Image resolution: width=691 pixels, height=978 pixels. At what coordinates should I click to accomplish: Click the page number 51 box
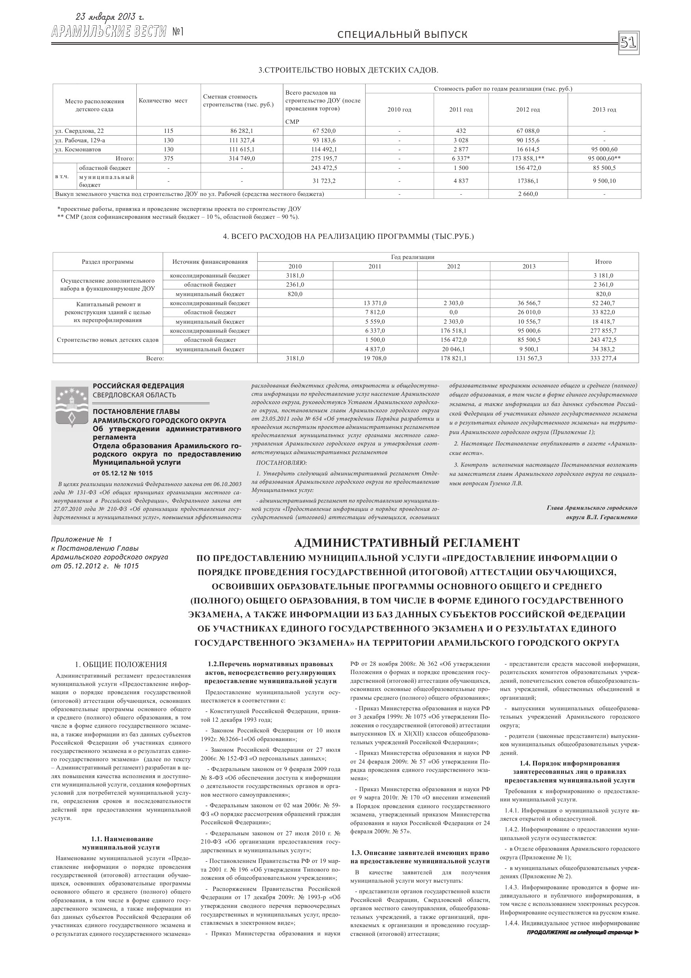coord(628,43)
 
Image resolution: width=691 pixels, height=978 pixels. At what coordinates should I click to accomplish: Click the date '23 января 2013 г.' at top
coord(110,17)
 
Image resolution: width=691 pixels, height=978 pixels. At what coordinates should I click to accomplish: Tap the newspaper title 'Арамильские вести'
coord(109,32)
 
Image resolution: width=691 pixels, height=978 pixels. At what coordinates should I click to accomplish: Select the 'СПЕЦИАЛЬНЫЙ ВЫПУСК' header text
coord(402,35)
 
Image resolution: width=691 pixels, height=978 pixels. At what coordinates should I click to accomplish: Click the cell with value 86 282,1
coord(241,131)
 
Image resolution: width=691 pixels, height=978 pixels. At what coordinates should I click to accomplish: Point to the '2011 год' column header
coord(461,110)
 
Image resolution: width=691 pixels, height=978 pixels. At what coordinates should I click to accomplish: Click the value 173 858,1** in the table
coord(528,158)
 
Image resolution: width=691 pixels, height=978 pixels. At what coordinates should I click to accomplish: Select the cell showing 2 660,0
coord(528,194)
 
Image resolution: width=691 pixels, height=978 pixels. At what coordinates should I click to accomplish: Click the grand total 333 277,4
coord(603,358)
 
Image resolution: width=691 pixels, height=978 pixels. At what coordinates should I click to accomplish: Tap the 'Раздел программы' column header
coord(107,261)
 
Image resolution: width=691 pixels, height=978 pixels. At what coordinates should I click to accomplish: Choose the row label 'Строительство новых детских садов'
coord(107,340)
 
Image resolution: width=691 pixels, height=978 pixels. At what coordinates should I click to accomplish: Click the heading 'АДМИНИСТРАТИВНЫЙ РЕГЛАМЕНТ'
coord(407,543)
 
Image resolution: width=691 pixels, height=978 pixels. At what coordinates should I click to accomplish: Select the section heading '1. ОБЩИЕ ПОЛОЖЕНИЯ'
coord(121,665)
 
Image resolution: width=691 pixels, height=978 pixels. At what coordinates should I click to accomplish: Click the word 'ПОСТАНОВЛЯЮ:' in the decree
coord(281,463)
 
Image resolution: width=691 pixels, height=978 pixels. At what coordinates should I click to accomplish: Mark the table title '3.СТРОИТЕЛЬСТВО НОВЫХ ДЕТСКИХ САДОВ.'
coord(348,70)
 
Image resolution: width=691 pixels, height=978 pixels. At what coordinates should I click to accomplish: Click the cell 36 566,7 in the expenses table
coord(529,303)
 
